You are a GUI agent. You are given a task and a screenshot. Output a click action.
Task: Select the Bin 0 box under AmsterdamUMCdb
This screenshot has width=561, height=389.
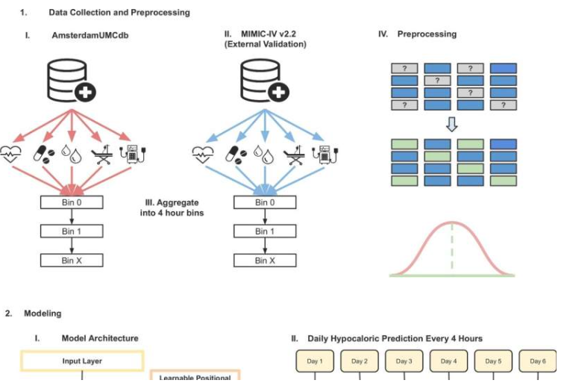coord(72,202)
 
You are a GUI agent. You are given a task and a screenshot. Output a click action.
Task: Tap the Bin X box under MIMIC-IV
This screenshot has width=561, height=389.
coord(262,261)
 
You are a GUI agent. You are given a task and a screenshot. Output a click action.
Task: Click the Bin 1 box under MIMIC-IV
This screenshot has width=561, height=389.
coord(262,231)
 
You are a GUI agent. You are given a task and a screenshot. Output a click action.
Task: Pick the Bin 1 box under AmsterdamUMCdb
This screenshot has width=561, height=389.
coord(72,231)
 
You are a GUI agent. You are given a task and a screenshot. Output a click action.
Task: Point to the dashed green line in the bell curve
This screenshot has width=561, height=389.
coord(452,247)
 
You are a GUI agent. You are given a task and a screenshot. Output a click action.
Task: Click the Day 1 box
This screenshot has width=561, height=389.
coord(315,361)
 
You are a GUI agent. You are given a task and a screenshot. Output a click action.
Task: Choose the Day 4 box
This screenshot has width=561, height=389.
coord(448,361)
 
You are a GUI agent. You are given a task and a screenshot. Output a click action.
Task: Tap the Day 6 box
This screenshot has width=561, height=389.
coord(537,361)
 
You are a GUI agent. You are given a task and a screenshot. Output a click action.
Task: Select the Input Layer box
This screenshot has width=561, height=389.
coord(82,361)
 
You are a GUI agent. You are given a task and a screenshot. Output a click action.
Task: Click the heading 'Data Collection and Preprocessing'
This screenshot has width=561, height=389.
coord(119,13)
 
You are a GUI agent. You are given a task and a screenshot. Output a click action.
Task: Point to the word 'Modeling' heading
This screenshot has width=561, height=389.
coord(43,314)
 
